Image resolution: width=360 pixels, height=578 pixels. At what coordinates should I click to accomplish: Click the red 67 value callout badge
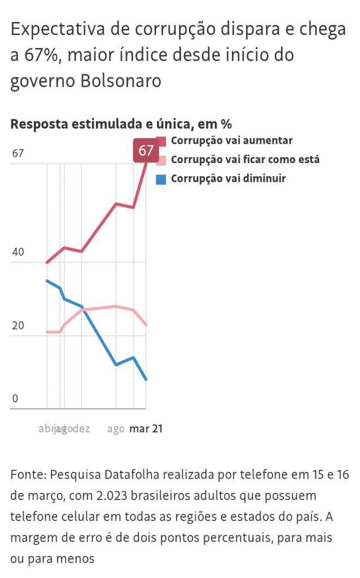[146, 151]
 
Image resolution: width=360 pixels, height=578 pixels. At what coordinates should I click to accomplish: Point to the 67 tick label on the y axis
[18, 154]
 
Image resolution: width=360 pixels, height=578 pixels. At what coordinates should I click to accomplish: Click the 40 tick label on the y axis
[18, 252]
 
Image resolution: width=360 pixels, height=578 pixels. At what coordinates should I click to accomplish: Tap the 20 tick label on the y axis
[18, 326]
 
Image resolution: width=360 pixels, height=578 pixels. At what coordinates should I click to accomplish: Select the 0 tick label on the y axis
[15, 399]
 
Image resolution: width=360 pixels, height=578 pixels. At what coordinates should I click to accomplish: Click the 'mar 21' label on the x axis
[146, 430]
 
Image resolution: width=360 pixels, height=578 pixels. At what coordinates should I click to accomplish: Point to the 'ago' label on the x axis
[116, 430]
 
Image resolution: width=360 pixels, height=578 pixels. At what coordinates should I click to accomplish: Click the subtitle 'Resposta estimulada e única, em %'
[121, 124]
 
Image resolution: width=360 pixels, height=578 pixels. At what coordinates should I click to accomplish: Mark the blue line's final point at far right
[146, 379]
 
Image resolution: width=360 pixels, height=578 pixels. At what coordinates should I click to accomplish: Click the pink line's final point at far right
[146, 325]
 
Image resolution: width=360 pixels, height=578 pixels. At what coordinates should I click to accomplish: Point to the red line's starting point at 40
[47, 262]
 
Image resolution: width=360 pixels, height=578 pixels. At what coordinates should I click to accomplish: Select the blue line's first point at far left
[47, 281]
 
